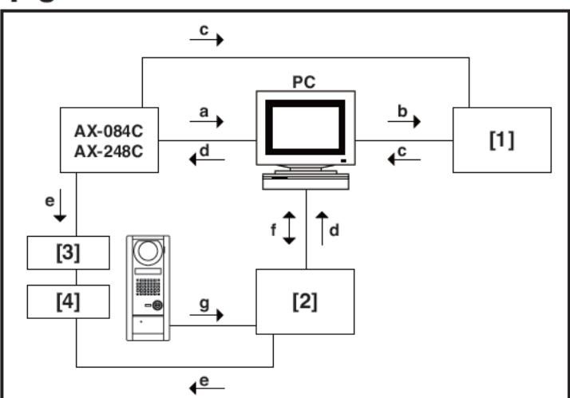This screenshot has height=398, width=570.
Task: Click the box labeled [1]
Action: point(502,140)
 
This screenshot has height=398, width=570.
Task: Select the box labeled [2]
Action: point(305,301)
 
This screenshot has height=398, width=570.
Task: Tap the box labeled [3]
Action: point(69,253)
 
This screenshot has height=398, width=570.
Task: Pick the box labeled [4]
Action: point(69,301)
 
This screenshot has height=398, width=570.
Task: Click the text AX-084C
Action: point(109,131)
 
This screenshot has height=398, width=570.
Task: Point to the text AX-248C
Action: point(109,152)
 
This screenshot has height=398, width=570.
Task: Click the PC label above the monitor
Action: point(304,82)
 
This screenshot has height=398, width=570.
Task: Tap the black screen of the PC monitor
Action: point(305,127)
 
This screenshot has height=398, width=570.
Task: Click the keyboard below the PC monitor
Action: point(306,182)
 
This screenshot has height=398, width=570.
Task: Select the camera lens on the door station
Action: point(148,251)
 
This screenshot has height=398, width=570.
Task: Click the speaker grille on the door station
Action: point(148,287)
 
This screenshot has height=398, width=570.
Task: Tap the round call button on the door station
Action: point(157,305)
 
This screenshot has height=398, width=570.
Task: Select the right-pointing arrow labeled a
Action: point(207,121)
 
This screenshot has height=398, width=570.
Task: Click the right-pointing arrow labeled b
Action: point(404,121)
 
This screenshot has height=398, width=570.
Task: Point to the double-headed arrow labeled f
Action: point(289,227)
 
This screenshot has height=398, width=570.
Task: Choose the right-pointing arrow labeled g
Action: point(207,315)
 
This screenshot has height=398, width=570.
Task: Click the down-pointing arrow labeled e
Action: point(60,206)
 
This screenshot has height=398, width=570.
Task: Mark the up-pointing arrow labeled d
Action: point(322,228)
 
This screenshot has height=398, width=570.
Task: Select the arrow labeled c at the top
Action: point(207,40)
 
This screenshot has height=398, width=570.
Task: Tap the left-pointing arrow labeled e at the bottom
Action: point(208,388)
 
